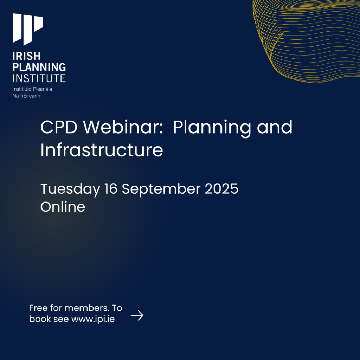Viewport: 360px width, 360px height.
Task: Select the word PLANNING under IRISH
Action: tap(39, 67)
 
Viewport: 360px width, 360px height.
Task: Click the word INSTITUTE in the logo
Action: tap(39, 77)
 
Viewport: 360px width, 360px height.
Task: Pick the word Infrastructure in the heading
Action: tap(102, 150)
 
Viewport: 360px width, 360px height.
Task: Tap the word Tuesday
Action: tap(70, 189)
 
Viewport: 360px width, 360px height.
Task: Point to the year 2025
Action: tap(221, 189)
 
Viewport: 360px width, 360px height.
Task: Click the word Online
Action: tap(63, 207)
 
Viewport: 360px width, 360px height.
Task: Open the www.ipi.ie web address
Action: tap(93, 319)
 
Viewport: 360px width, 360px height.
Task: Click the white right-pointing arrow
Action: tap(137, 316)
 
